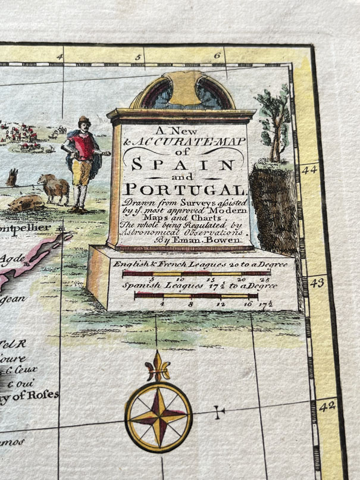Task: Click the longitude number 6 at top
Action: click(x=218, y=56)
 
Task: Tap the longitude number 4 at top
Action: click(x=59, y=57)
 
